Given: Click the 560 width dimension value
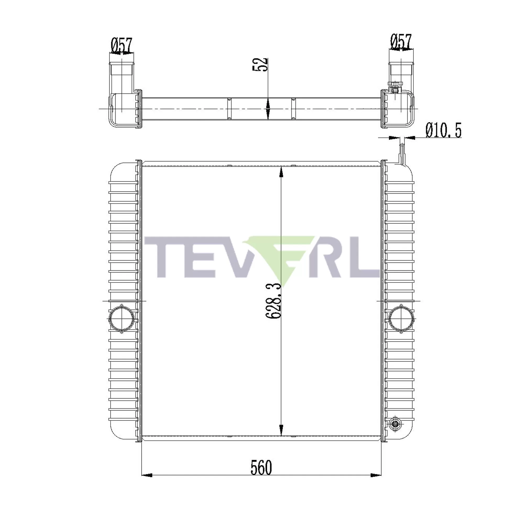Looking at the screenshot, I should tap(261, 468).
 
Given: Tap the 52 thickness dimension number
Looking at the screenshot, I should tap(260, 64).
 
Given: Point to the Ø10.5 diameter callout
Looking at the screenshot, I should tap(444, 130).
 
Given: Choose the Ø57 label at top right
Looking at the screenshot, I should tap(401, 41).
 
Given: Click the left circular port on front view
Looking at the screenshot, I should tap(121, 319).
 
